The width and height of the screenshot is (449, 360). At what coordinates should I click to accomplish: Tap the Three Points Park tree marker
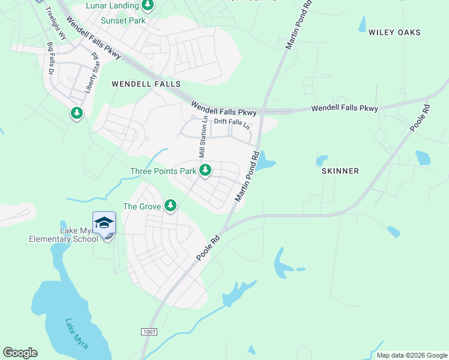tap(205, 170)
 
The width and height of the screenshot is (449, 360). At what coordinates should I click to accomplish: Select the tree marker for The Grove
tap(171, 206)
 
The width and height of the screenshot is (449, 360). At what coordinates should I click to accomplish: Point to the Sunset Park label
tap(123, 20)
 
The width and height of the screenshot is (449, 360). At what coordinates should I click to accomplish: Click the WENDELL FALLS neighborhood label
tap(139, 85)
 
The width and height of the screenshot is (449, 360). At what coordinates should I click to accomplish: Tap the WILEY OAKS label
tap(394, 32)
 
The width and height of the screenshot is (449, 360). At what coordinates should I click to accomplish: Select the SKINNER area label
tap(340, 171)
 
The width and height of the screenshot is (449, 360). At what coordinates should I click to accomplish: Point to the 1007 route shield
tap(149, 332)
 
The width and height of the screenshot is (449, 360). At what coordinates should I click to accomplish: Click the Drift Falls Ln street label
tap(231, 122)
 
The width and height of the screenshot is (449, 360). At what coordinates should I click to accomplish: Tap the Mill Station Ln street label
tap(203, 138)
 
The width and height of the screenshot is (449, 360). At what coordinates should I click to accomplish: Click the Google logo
tap(20, 353)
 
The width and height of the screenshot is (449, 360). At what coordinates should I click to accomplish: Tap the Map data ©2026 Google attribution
tap(411, 355)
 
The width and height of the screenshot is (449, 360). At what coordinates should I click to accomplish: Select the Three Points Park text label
tap(164, 171)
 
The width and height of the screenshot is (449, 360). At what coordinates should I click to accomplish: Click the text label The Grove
tap(142, 206)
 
